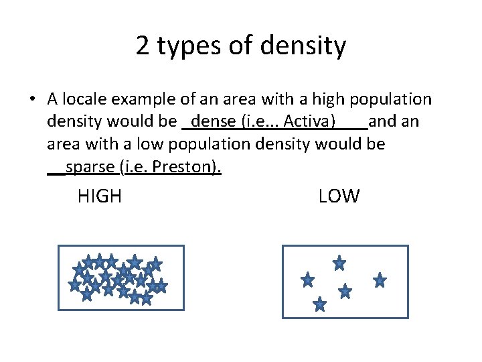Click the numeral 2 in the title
point(143,46)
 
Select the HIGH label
point(100,196)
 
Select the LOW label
point(339,196)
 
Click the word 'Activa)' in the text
point(310,122)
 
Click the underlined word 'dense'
point(208,122)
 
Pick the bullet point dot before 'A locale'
point(32,101)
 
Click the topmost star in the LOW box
point(339,263)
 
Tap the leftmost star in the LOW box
point(308,280)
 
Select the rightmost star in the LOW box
point(380,280)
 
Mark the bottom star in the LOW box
point(320,305)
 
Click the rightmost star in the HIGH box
point(160,286)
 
